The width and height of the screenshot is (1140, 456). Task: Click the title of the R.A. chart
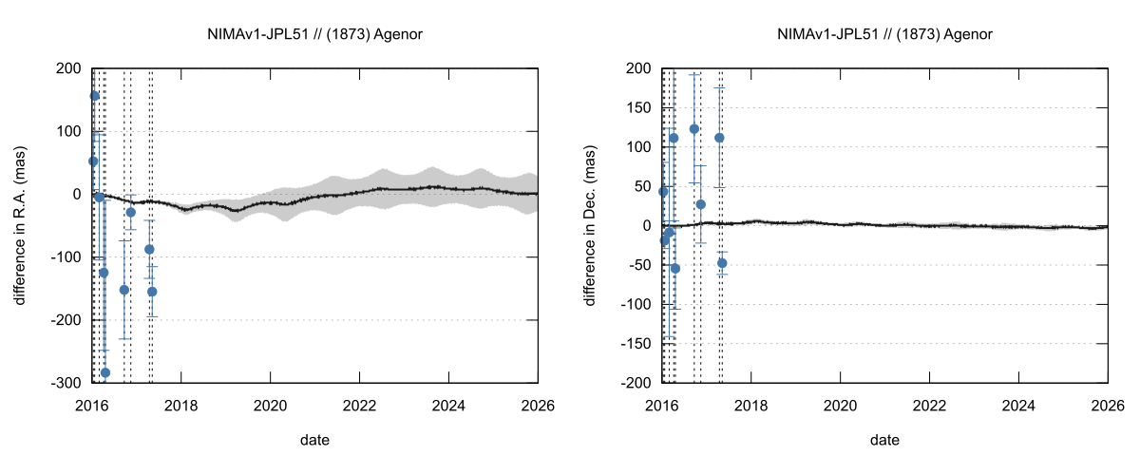pos(315,34)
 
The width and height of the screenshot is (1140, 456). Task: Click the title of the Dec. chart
pos(885,34)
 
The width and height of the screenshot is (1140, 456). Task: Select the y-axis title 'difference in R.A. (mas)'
pos(20,225)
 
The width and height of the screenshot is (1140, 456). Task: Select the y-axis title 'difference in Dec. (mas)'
pos(590,225)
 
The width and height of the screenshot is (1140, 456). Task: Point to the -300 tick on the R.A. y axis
pos(67,383)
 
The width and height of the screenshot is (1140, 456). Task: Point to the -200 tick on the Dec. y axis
pos(637,383)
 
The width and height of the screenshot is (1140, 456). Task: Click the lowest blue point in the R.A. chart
pos(105,372)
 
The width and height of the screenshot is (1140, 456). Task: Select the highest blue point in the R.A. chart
pos(94,96)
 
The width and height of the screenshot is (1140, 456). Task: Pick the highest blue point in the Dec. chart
pos(694,129)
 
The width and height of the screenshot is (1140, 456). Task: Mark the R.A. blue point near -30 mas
pos(131,212)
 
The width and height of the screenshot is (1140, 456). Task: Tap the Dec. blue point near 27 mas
pos(701,204)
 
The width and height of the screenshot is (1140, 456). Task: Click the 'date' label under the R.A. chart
pos(315,440)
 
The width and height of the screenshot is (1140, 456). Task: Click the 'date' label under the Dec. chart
pos(885,440)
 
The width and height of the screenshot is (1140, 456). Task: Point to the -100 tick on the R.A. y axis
pos(67,256)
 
